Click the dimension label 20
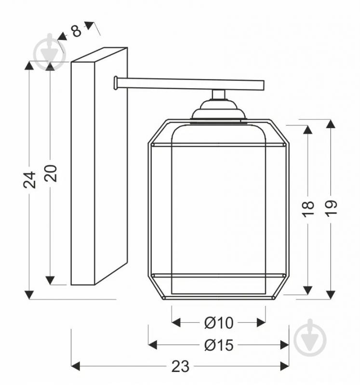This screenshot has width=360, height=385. [51, 173]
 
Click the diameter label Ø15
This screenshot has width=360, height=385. [218, 345]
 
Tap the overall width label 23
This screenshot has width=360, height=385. [180, 367]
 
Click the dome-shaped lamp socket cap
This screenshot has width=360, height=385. [218, 111]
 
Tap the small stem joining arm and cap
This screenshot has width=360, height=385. [218, 94]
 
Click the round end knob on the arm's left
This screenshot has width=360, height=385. [116, 83]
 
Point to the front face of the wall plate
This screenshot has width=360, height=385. [82, 173]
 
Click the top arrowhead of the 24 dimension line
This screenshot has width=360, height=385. [30, 66]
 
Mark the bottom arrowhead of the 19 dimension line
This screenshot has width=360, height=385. [330, 294]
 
